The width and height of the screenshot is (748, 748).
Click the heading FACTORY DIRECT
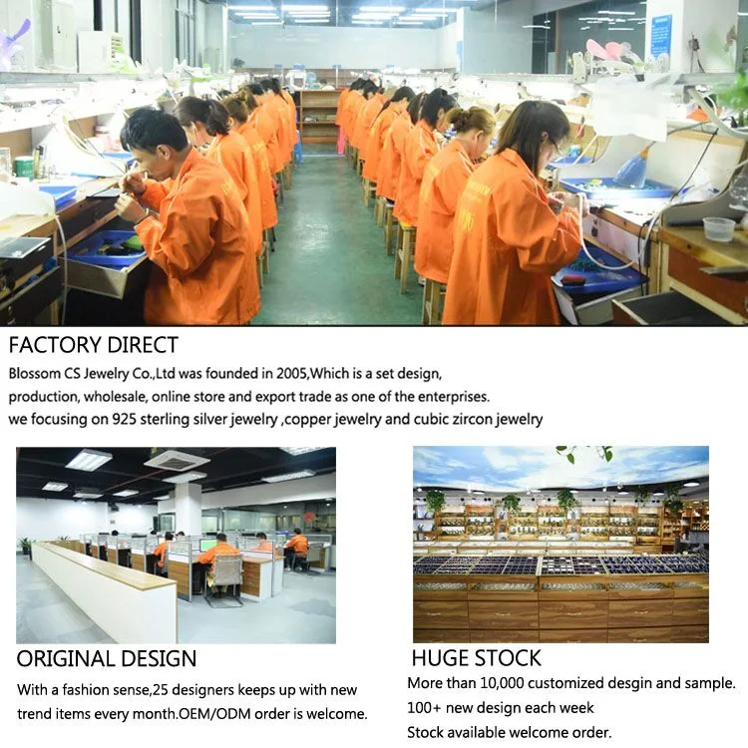point(94,345)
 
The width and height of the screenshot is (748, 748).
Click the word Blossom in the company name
point(34,373)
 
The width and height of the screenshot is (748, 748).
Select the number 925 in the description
point(124,419)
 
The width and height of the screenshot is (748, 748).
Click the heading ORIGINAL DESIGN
point(107,659)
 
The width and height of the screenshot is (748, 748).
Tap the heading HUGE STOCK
point(476,658)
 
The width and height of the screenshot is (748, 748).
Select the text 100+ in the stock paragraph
point(424,707)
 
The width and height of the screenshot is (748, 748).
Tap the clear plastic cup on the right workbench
point(719,229)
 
